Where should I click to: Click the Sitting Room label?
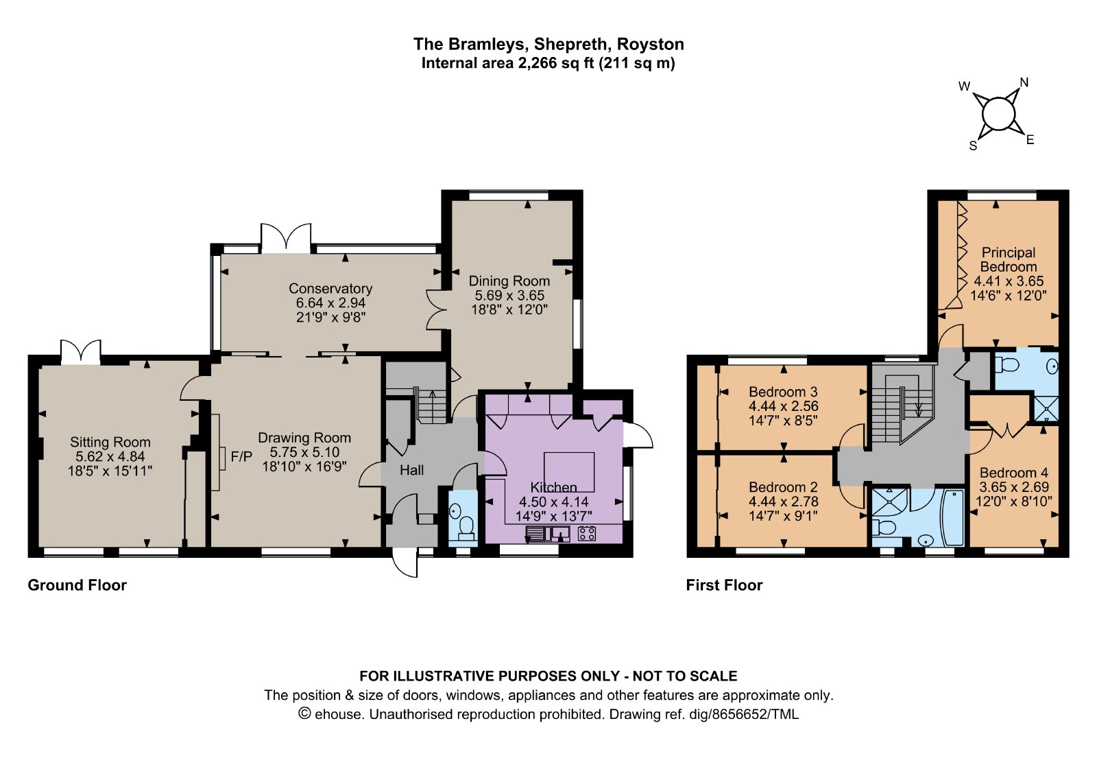coord(110,442)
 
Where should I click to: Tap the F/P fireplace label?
coord(241,457)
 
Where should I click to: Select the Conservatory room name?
coord(330,288)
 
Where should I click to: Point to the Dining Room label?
coord(509,281)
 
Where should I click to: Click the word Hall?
coord(411,471)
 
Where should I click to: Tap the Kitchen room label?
coord(553,487)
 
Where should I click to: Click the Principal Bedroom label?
coord(1009,260)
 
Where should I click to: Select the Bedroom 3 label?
coord(783,392)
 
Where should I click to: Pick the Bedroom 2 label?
coord(783,487)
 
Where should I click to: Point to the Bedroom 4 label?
coord(1014,473)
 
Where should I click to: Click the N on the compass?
coord(1024,82)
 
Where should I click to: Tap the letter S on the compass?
coord(974,146)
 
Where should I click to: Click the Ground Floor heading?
coord(77,585)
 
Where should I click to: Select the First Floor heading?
coord(724,585)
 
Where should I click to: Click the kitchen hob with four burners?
coord(587,533)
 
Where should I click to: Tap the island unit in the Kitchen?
coord(569,472)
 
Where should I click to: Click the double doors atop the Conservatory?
coord(286,238)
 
